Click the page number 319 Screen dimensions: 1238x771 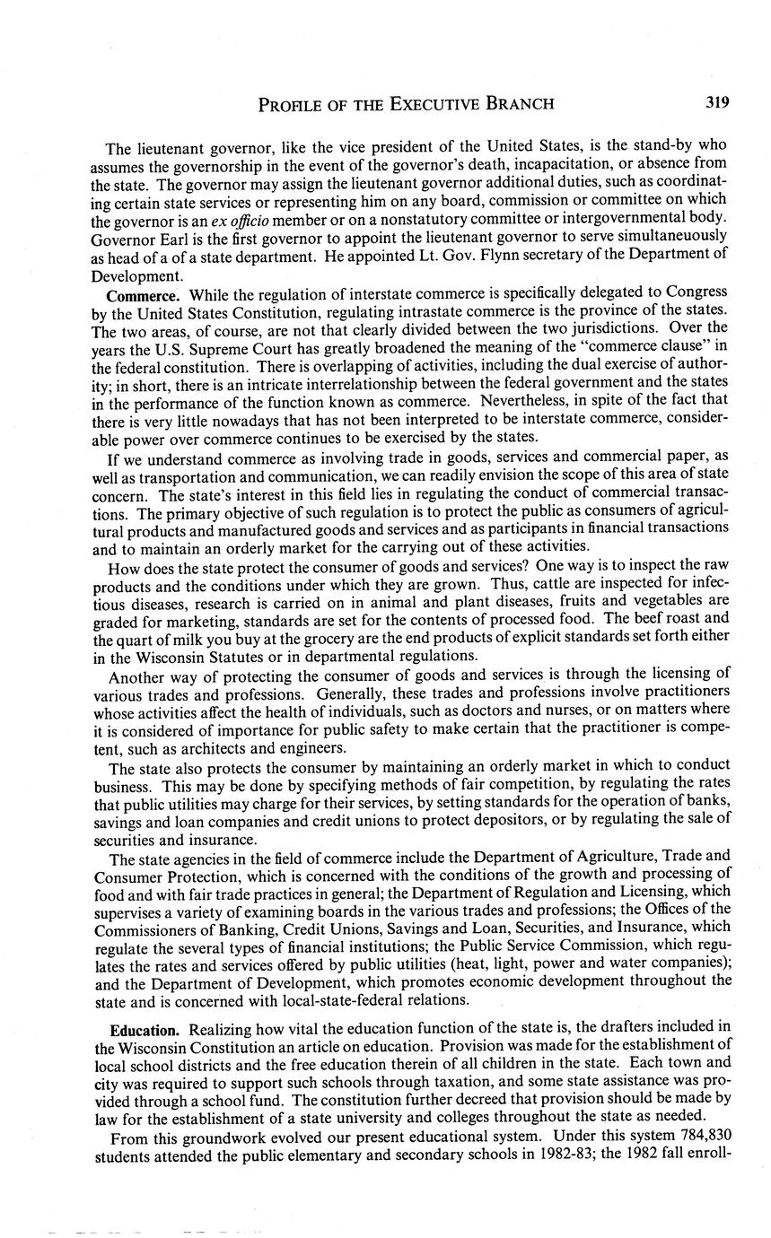click(716, 102)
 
